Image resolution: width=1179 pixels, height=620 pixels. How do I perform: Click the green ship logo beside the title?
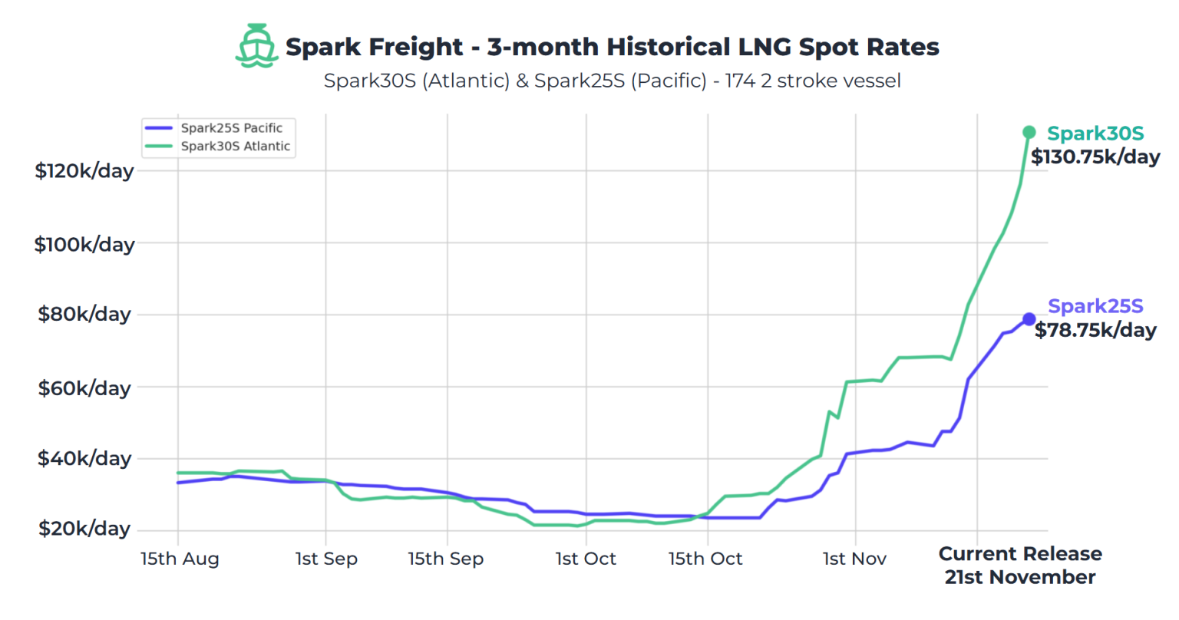pos(256,46)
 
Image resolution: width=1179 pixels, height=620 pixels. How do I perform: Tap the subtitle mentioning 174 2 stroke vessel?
pos(612,81)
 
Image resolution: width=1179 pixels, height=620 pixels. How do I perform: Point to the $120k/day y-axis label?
pos(84,170)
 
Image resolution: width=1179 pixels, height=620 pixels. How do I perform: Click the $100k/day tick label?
pos(84,244)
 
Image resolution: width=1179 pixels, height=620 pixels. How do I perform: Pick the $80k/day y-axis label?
pos(84,314)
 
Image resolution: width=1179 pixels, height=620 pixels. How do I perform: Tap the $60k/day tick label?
pos(84,387)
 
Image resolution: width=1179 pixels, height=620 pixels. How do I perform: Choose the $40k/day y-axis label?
pos(84,458)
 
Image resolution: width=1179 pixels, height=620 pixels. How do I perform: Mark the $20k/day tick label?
pos(84,529)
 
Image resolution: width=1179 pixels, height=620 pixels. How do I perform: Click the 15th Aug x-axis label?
pos(180,559)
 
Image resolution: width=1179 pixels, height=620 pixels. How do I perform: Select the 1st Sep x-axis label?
pos(326,559)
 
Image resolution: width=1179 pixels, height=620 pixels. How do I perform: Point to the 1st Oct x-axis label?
pos(586,559)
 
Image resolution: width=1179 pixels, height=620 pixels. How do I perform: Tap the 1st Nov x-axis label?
pos(854,559)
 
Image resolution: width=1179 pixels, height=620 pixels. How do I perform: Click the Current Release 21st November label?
pos(1020,566)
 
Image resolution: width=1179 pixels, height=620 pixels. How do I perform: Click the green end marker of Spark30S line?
pos(1029,133)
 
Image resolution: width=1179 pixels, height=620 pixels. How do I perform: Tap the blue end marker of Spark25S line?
pos(1029,319)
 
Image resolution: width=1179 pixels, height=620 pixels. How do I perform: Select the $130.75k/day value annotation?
pos(1095,157)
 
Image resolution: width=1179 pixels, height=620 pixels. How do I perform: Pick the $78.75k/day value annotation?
pos(1095,331)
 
